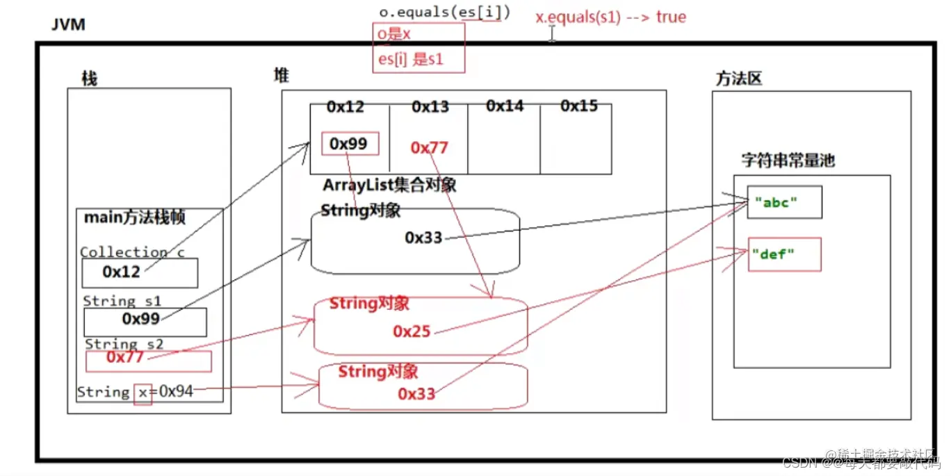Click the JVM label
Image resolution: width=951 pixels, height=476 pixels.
[x=69, y=25]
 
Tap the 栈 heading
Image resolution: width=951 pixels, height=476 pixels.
[x=90, y=79]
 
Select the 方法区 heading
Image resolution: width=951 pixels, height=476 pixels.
[x=739, y=79]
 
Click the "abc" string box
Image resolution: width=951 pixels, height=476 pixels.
[x=784, y=202]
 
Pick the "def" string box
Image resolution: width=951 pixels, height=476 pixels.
[x=784, y=254]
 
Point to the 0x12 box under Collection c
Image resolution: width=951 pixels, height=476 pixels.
[x=139, y=272]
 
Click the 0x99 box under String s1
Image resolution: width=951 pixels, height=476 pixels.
[x=145, y=319]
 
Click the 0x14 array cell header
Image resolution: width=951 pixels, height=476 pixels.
[x=505, y=106]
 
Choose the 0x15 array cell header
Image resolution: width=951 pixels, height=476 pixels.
[x=579, y=106]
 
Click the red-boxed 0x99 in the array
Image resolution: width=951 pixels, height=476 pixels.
[x=350, y=144]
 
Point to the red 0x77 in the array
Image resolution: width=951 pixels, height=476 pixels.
[x=430, y=147]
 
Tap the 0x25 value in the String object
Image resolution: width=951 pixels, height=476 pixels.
[x=412, y=332]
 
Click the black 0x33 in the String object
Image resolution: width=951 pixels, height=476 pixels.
[x=423, y=238]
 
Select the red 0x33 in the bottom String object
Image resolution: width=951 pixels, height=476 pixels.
[x=416, y=394]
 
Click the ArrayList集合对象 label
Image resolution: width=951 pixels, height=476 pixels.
[x=389, y=186]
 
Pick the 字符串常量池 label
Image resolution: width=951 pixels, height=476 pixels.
[x=788, y=161]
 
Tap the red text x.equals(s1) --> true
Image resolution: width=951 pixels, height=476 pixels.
[x=610, y=17]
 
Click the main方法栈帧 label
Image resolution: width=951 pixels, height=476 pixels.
[x=135, y=218]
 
